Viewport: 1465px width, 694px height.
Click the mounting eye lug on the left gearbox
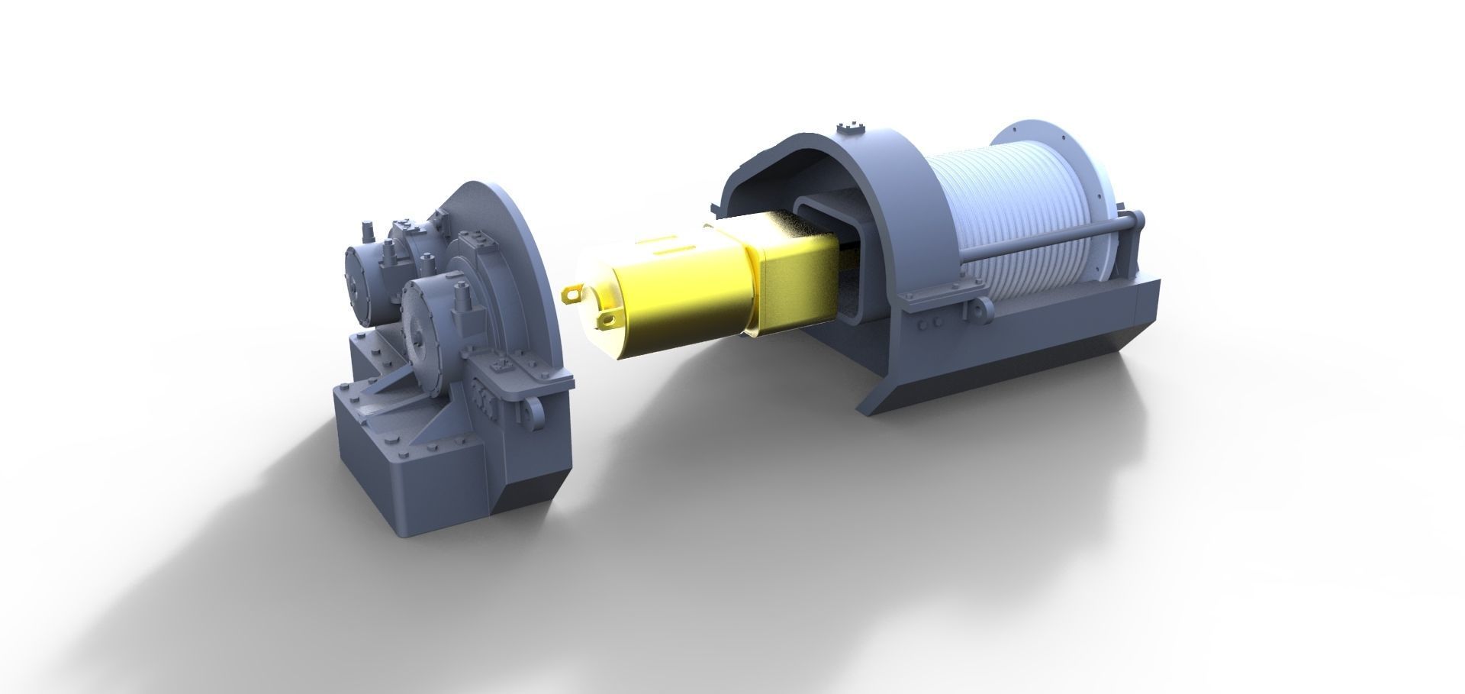click(x=527, y=413)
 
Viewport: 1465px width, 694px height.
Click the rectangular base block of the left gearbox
click(x=412, y=473)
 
